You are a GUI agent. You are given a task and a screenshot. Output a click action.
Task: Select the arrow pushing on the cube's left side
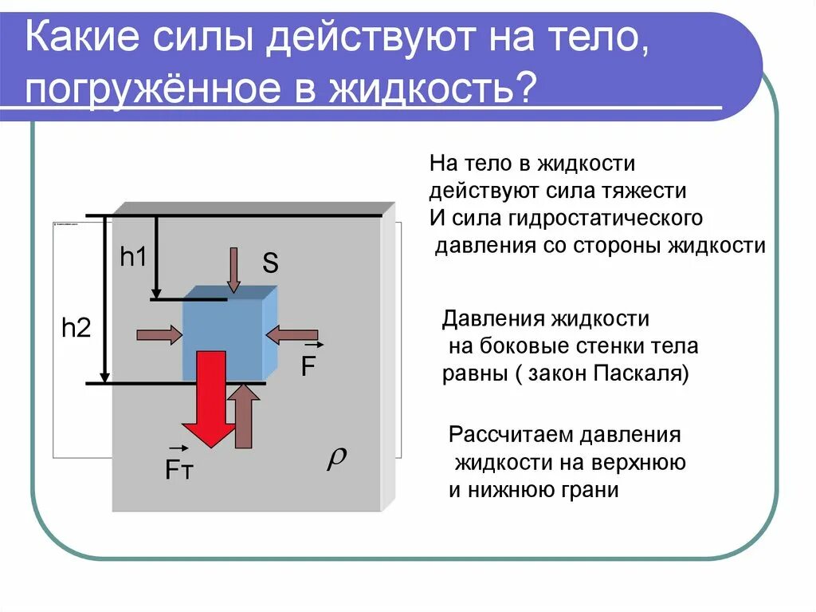159,335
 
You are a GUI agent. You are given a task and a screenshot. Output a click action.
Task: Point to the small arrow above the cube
233,270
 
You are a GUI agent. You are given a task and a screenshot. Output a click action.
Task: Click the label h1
134,257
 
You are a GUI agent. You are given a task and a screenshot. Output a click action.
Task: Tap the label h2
76,328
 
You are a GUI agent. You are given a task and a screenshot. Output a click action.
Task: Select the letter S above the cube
271,264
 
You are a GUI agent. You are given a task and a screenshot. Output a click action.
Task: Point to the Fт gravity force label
178,469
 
